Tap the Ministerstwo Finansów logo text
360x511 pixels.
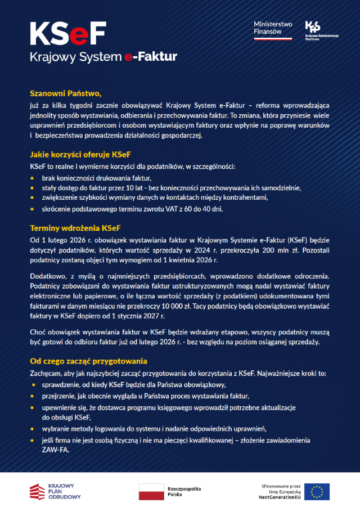273,28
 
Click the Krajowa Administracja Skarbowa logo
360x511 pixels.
321,31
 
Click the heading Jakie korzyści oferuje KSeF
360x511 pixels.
80,154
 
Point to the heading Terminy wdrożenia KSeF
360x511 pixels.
75,228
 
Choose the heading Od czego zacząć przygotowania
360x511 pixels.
88,361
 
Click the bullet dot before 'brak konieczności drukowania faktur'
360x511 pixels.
33,178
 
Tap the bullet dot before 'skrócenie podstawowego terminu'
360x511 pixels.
33,209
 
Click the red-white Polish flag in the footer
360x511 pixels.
150,491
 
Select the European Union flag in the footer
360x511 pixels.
317,491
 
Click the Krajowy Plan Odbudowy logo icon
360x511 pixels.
38,491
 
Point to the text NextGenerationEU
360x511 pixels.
280,497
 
